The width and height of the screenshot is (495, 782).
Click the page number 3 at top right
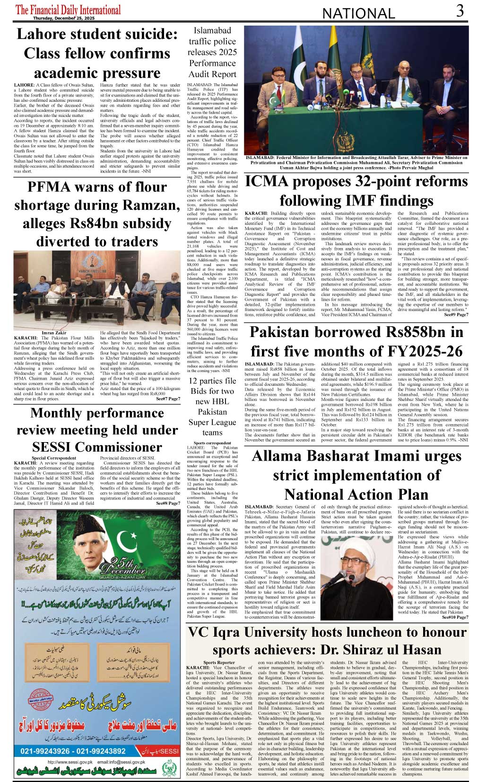(460, 11)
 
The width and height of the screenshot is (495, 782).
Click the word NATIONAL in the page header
(358, 14)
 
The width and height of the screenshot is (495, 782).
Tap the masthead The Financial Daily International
(68, 9)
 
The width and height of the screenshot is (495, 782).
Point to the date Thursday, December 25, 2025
(64, 18)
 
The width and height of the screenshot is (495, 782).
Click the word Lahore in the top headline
(40, 34)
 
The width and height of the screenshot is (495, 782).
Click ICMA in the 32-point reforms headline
(267, 181)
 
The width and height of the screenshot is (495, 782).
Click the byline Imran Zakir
(54, 333)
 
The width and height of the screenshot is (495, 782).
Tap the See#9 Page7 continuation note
(456, 314)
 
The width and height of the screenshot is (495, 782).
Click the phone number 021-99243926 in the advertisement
(46, 751)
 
